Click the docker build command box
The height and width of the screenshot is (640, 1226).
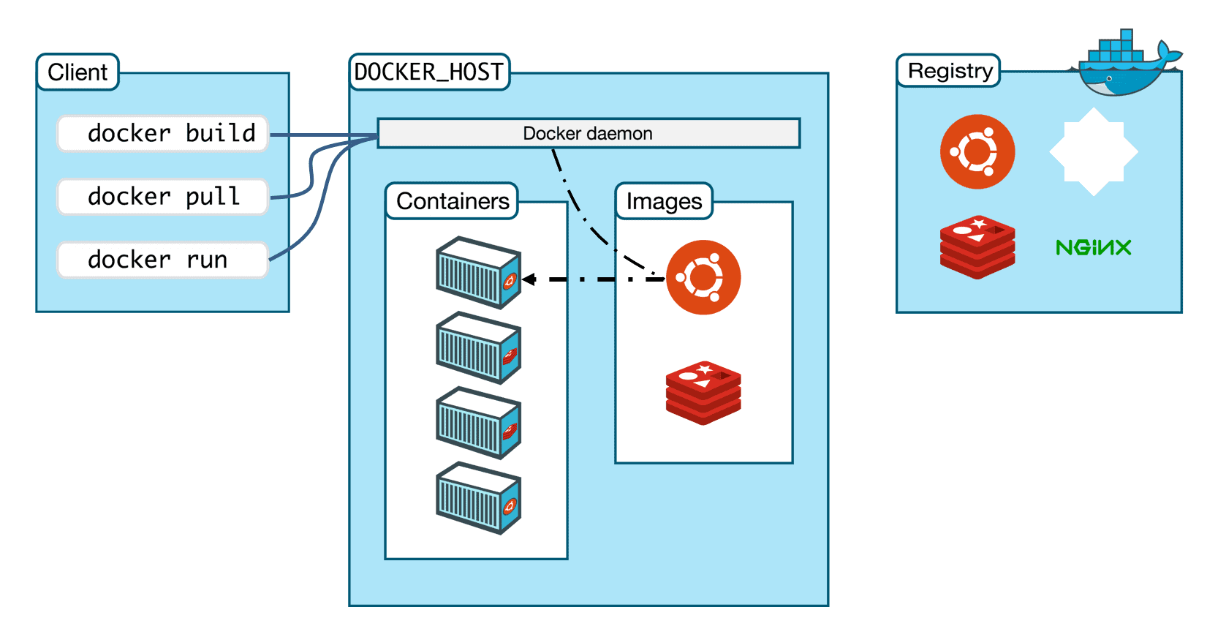click(163, 133)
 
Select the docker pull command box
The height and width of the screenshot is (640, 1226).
click(163, 197)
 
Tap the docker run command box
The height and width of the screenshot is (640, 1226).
click(163, 260)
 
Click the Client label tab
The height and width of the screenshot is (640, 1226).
click(77, 72)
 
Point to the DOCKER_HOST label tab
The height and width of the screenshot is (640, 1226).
click(429, 72)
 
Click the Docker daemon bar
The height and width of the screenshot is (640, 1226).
click(589, 133)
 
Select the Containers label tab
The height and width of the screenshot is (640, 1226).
click(452, 201)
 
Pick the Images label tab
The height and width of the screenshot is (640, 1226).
click(664, 201)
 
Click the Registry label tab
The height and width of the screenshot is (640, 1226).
click(949, 71)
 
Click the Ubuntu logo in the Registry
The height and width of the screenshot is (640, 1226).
click(977, 151)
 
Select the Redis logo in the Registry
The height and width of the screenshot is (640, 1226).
click(977, 247)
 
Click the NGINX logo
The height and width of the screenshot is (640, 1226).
click(1093, 247)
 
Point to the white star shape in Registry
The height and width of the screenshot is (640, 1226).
click(1094, 151)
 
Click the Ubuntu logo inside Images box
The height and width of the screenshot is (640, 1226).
click(703, 277)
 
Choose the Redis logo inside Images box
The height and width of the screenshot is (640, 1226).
click(703, 393)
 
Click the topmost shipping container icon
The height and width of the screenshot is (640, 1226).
click(478, 272)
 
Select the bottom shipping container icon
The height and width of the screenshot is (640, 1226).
click(478, 497)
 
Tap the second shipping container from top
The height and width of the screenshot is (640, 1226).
click(478, 347)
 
